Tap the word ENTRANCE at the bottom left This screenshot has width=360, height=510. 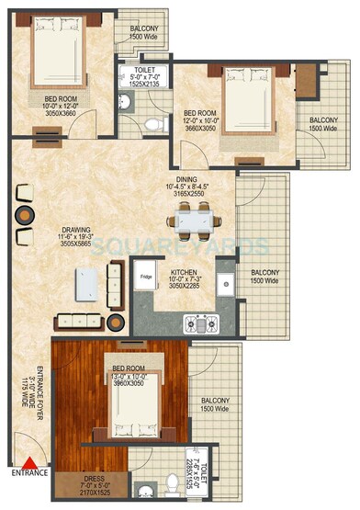(x=29, y=475)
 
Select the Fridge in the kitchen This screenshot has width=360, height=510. (x=146, y=275)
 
